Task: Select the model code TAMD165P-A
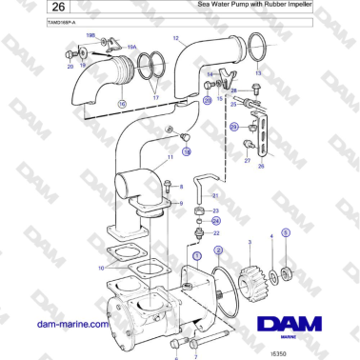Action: coord(37,20)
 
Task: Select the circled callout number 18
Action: coord(187,150)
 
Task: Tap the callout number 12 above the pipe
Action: coord(176,39)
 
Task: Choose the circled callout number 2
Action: coord(218,250)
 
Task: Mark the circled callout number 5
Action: coord(285,233)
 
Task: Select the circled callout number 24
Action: coord(215,220)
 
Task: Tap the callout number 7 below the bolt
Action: coord(195,355)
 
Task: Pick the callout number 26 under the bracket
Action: coord(261,166)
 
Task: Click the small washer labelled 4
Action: coord(275,276)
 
